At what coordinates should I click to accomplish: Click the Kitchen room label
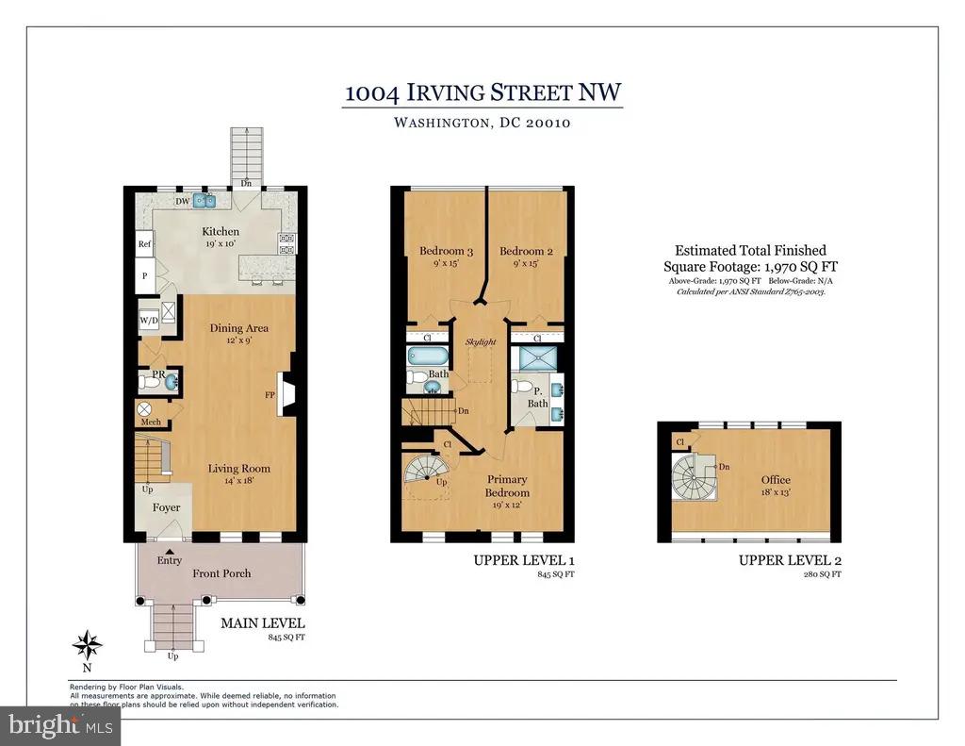221,232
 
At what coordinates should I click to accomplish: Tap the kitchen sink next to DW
204,200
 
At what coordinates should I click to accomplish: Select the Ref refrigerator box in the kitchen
144,244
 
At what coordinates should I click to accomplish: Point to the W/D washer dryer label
149,321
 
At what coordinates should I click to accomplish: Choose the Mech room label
151,422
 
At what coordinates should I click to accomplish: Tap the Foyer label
166,507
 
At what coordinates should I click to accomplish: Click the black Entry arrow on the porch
170,552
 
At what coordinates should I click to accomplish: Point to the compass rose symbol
88,646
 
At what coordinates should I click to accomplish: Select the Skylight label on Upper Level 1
480,342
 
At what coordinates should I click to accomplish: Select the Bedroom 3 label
446,251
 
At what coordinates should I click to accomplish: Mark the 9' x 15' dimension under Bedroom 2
525,263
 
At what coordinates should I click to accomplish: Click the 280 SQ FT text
822,574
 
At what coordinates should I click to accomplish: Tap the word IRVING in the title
443,93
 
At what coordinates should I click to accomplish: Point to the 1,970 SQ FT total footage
801,267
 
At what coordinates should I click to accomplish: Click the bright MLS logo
60,725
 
